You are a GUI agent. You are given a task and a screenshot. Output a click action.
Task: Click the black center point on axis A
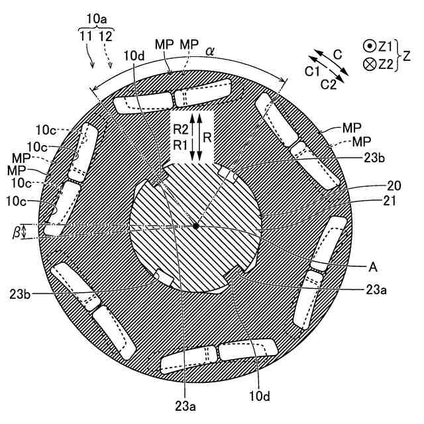click(x=197, y=227)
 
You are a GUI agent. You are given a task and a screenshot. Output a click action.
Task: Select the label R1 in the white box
click(x=180, y=144)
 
